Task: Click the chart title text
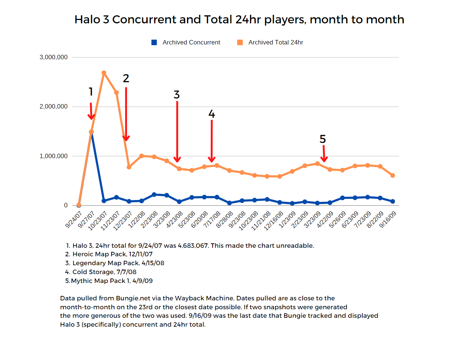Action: coord(239,19)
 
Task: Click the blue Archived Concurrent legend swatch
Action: coord(154,43)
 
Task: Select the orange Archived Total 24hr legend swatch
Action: coord(240,43)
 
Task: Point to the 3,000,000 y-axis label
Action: coord(53,57)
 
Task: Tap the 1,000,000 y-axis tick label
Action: coord(53,156)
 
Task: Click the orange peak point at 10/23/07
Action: coord(104,73)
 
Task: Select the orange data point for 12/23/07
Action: coord(129,167)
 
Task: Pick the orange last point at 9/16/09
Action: coord(393,175)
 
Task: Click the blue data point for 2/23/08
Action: coord(154,194)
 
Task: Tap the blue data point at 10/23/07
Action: coord(104,201)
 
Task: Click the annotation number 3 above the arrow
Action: coord(177,95)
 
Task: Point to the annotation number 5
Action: coord(323,139)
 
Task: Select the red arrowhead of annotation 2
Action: coord(126,139)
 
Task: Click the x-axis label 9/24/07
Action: coord(74,220)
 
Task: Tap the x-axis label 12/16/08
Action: coord(274,221)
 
